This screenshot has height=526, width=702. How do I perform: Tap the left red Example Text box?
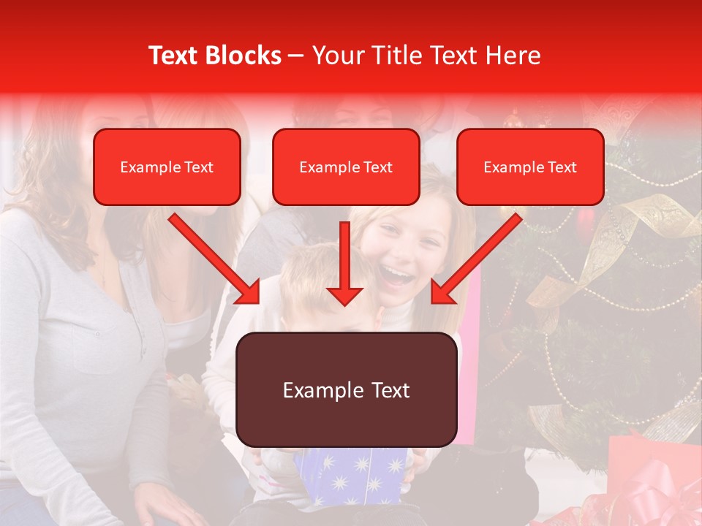coord(167,167)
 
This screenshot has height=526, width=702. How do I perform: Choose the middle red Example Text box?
coord(346,167)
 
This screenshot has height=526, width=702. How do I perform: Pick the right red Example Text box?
coord(530,167)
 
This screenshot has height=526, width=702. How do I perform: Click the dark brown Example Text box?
coord(347,389)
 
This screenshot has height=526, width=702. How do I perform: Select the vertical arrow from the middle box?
coord(345,263)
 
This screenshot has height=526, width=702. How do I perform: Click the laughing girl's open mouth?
coord(397,275)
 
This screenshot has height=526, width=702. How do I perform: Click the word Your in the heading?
coord(336,56)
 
